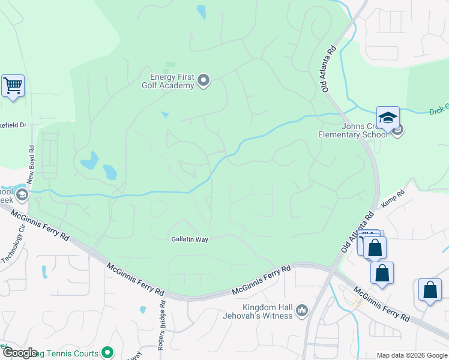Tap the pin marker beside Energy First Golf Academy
click(203, 80)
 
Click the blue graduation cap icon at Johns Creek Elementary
click(388, 117)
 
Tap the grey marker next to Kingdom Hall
click(301, 310)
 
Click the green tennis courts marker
click(107, 352)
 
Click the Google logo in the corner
click(19, 353)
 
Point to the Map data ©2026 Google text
click(411, 355)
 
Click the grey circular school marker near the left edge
click(22, 194)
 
